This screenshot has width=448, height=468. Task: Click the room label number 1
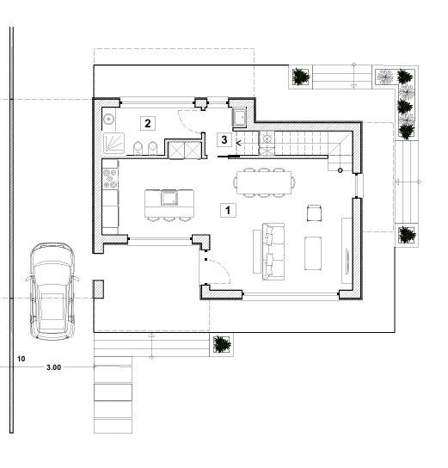click(x=227, y=209)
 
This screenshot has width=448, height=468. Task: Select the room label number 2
click(x=148, y=123)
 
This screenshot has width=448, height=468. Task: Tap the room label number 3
click(x=224, y=139)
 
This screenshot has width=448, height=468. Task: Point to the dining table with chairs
click(x=265, y=182)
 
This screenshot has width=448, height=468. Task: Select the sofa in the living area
click(x=272, y=250)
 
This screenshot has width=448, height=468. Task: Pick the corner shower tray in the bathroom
click(x=114, y=143)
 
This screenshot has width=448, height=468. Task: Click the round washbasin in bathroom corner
click(x=109, y=119)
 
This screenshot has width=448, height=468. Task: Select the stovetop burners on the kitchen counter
click(x=110, y=179)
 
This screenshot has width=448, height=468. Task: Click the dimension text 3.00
click(x=53, y=367)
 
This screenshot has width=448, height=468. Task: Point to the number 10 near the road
click(x=21, y=357)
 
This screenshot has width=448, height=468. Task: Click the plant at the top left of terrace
click(x=301, y=77)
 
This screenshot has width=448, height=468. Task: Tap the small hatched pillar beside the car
click(x=98, y=289)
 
